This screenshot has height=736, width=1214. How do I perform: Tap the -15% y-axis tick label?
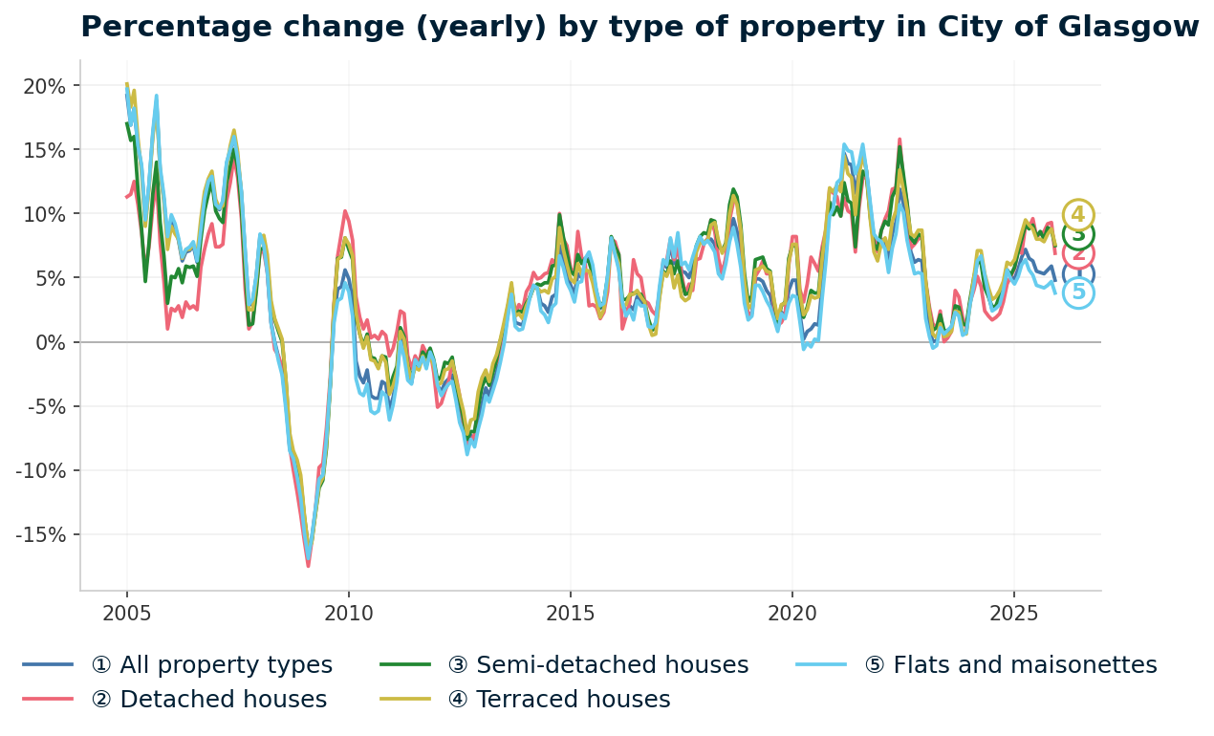[41, 534]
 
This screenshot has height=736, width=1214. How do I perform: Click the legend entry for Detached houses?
[208, 700]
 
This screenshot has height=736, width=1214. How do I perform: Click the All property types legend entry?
[211, 665]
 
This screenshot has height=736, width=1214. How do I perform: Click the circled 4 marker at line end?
[1078, 215]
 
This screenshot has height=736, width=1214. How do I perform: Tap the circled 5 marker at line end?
[1078, 293]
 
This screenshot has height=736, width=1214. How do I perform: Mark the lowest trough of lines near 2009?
[308, 564]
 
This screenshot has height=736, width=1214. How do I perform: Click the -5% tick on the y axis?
[47, 406]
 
